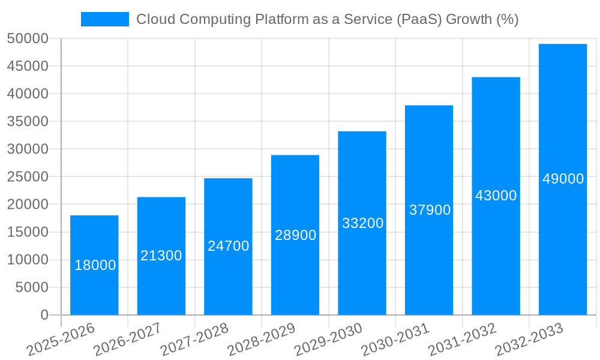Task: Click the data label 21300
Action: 161,256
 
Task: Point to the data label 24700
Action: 229,246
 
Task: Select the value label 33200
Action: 362,223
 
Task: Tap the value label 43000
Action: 496,196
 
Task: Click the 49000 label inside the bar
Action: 563,179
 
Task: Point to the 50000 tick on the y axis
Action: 27,39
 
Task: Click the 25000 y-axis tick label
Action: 27,177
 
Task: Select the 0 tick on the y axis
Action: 44,315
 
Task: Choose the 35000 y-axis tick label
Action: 27,122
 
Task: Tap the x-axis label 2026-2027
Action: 127,339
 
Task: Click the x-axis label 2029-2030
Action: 328,339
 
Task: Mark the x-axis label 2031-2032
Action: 462,339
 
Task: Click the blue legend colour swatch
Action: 105,19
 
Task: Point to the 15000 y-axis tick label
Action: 27,232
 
